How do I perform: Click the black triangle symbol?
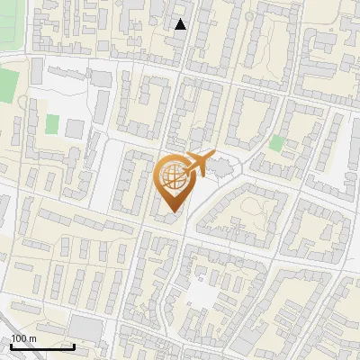click(x=180, y=24)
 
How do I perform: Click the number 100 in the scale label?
click(x=19, y=338)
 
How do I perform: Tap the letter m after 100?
click(x=32, y=338)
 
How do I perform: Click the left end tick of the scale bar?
click(x=11, y=346)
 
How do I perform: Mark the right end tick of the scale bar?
click(x=75, y=346)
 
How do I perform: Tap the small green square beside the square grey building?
click(x=52, y=123)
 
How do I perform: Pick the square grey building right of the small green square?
click(x=74, y=128)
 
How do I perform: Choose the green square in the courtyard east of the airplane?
click(x=276, y=142)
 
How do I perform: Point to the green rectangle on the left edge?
click(x=8, y=86)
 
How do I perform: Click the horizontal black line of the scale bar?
click(x=42, y=347)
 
